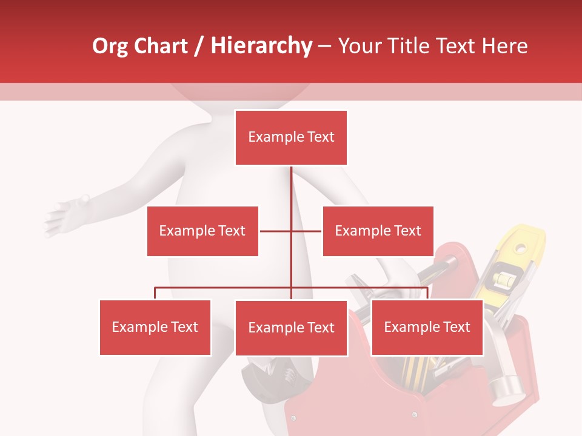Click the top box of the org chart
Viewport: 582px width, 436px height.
tap(291, 137)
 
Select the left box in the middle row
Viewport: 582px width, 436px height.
tap(202, 231)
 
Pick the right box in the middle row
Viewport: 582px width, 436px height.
tap(378, 231)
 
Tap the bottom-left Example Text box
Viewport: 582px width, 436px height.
tap(155, 328)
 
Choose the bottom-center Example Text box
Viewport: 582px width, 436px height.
tap(291, 328)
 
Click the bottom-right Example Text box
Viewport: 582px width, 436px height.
tap(427, 328)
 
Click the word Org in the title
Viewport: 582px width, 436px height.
tap(110, 46)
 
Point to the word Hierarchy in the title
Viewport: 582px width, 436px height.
tap(261, 46)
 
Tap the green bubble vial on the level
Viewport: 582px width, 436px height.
tap(503, 279)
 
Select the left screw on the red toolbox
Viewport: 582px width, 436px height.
tap(294, 418)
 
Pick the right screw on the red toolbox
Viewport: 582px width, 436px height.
tap(414, 415)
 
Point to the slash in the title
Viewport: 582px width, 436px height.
tap(199, 47)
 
